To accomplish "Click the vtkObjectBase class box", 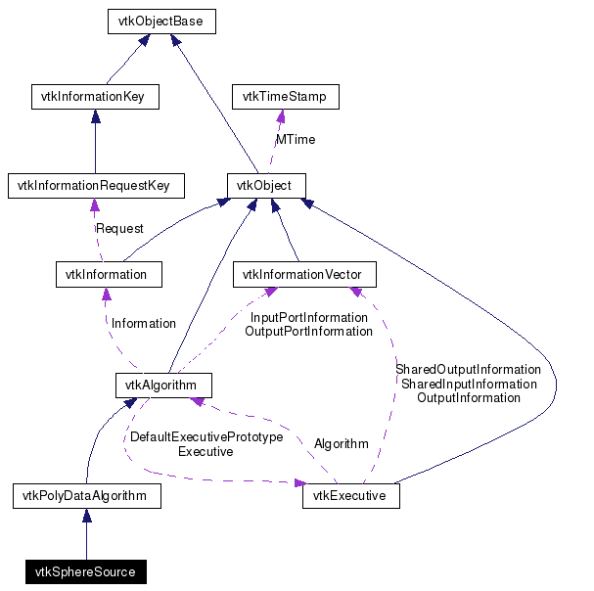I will point(160,21).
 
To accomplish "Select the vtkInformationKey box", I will point(95,97).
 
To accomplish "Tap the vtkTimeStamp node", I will point(285,97).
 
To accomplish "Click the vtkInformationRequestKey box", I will point(94,185).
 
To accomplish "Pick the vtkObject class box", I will point(266,185).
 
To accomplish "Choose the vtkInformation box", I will point(108,274).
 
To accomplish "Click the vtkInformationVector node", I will point(302,274).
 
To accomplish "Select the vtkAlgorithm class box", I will point(162,385).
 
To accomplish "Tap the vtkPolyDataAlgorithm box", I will point(86,496).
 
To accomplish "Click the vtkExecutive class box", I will point(350,496).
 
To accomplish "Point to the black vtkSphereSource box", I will point(85,571).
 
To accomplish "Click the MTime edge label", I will point(295,140).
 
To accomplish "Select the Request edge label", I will point(118,228).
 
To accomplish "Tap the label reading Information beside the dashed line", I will point(144,323).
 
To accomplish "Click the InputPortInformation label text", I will point(308,317).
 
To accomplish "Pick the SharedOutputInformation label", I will point(468,369).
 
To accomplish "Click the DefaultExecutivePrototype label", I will point(206,437).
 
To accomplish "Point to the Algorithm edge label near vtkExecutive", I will point(341,443).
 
